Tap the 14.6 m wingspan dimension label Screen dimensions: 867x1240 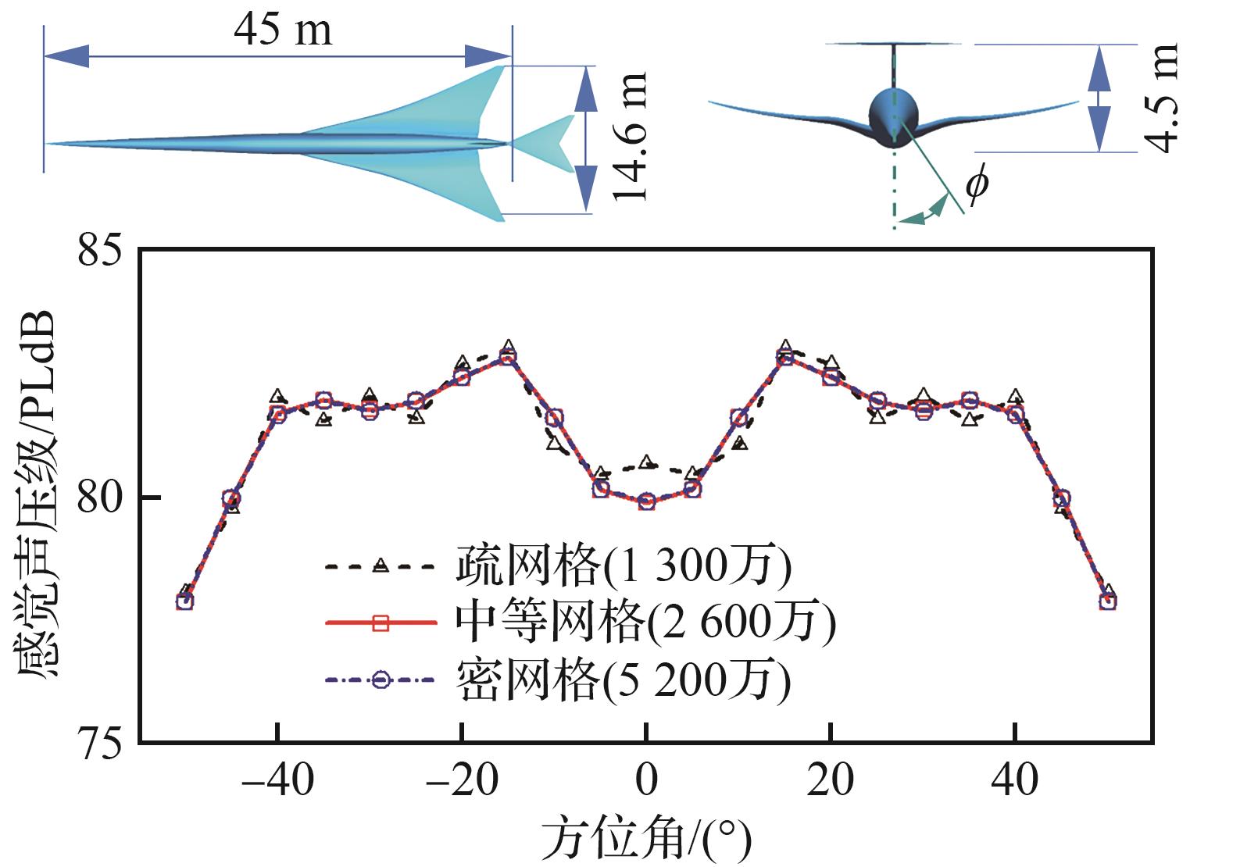pos(631,137)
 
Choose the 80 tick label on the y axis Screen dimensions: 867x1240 pos(102,498)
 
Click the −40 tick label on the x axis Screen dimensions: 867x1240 pos(277,780)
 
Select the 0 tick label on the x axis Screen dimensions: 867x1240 pos(646,780)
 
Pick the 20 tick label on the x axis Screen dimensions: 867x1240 pos(831,780)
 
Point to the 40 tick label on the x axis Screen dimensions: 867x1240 pos(1015,780)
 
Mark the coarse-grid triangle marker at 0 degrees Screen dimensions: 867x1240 pos(646,462)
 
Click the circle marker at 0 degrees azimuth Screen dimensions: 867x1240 pos(646,501)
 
